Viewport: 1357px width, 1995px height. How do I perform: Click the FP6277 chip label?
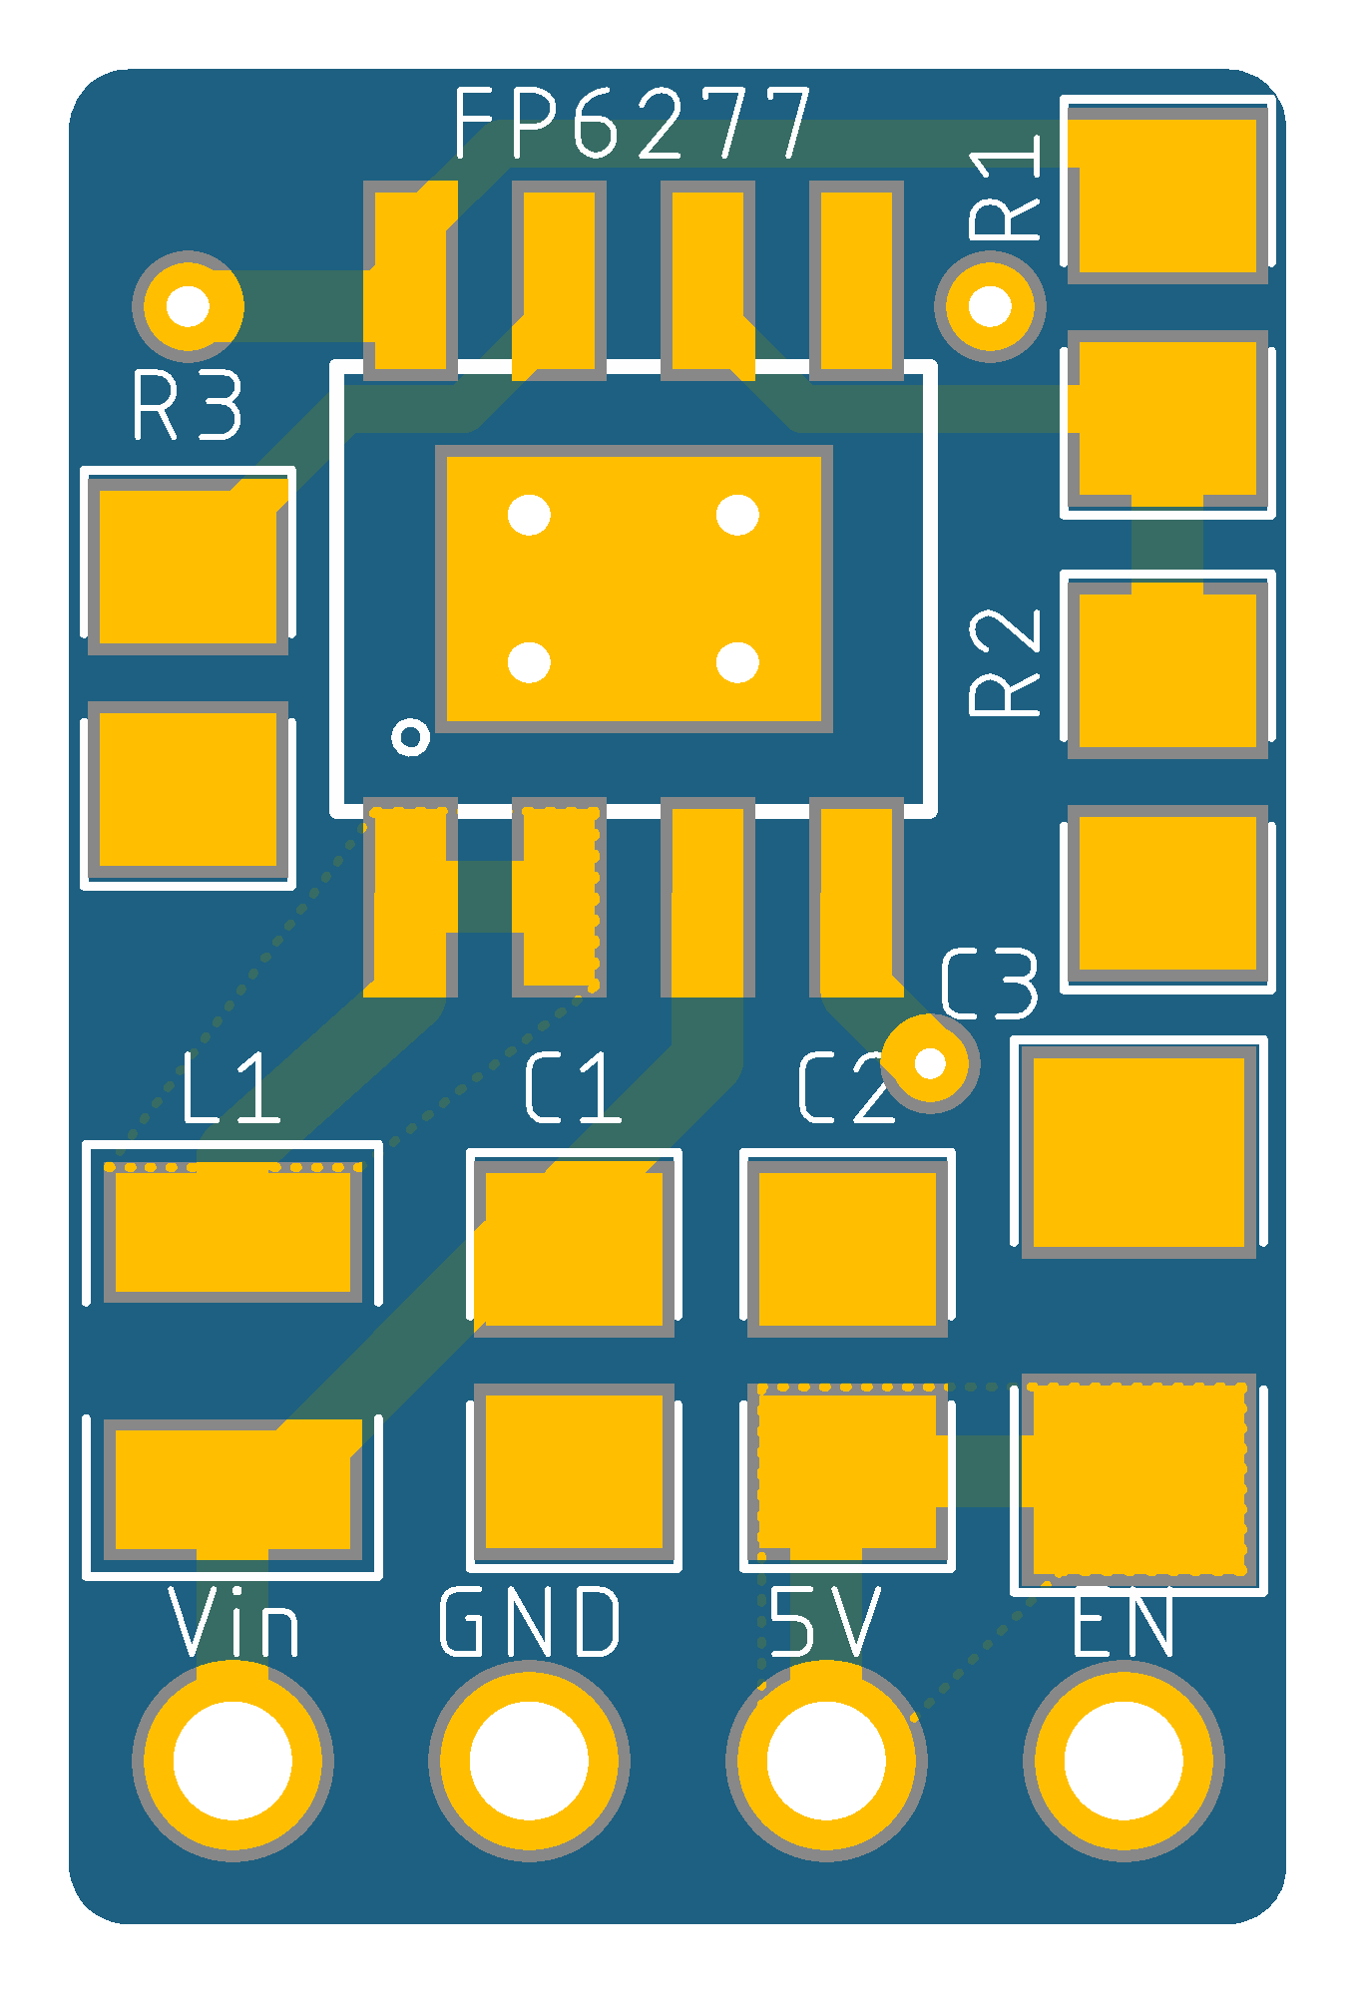[634, 123]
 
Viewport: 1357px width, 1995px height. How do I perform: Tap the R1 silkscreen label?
[1005, 188]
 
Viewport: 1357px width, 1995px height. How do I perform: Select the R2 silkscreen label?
[1005, 662]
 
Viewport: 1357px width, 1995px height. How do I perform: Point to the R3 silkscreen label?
[188, 404]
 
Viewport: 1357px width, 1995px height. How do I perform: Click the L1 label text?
[230, 1087]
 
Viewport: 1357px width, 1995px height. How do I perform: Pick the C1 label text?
[573, 1087]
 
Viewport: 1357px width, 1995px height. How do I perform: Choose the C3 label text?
[989, 984]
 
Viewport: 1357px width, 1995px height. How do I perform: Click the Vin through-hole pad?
[232, 1761]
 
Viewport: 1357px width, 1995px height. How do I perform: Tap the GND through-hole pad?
[529, 1761]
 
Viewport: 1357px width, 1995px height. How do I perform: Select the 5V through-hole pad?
[826, 1761]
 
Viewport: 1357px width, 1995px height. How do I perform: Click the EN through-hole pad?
[1124, 1761]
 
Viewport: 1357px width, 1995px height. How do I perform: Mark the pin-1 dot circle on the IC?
[411, 737]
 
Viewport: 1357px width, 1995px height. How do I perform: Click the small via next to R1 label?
[990, 306]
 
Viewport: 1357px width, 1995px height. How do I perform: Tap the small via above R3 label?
[188, 306]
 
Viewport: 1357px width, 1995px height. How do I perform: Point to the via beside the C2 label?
[930, 1063]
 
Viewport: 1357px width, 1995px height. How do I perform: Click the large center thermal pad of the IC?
[634, 589]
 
